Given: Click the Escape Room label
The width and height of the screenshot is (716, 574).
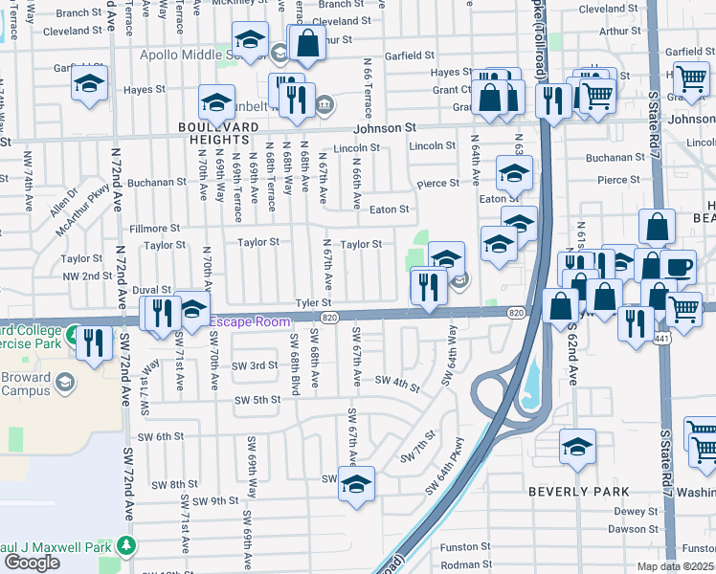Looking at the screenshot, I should pyautogui.click(x=250, y=321).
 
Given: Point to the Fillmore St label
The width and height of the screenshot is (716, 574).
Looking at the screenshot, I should pyautogui.click(x=154, y=228).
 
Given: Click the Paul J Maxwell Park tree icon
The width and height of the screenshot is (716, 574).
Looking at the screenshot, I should pyautogui.click(x=126, y=545).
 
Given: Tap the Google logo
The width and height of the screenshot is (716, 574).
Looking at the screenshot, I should pyautogui.click(x=32, y=563).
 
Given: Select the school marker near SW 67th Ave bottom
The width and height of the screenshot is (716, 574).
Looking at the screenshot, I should pyautogui.click(x=356, y=484).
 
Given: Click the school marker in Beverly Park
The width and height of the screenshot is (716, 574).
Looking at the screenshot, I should pyautogui.click(x=577, y=447).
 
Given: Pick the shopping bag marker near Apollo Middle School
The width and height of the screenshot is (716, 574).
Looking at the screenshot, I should pyautogui.click(x=308, y=42).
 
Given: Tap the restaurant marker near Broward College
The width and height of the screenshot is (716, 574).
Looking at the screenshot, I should pyautogui.click(x=93, y=342).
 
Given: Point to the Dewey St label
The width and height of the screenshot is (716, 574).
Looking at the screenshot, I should pyautogui.click(x=633, y=511).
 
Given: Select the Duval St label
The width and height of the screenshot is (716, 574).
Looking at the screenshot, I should pyautogui.click(x=151, y=289).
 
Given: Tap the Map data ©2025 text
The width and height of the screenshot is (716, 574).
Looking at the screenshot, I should pyautogui.click(x=676, y=566).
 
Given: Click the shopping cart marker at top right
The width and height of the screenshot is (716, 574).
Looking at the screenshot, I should pyautogui.click(x=691, y=79).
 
